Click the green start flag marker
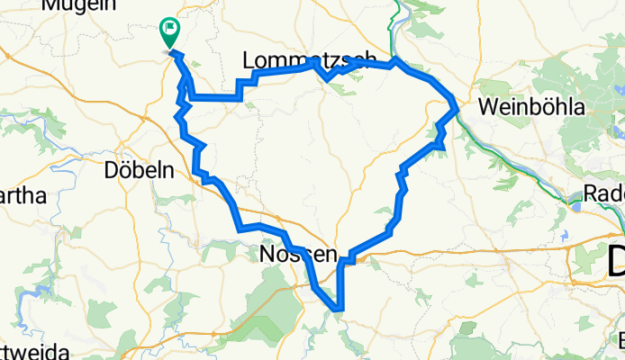coord(169,32)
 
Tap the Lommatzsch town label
coord(309,60)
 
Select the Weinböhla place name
coord(532,107)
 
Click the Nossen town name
coord(297,256)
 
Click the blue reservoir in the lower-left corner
coord(36,293)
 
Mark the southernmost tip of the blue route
coord(340,310)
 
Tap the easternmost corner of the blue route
coord(457,110)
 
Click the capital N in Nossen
coord(267,256)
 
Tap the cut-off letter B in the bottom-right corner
coord(620,341)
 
